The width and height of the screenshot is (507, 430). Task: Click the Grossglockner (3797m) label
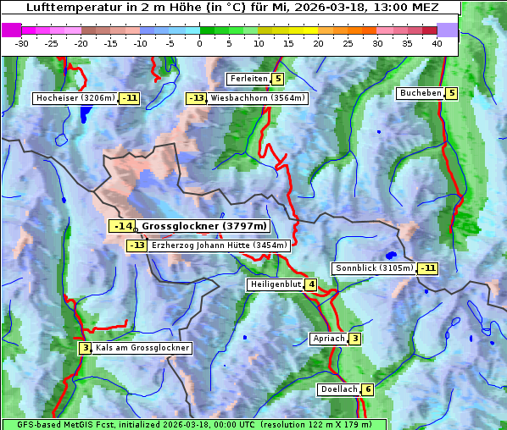click(204, 226)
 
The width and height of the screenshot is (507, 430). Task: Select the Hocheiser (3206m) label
click(75, 98)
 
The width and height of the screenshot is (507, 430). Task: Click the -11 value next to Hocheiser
click(129, 98)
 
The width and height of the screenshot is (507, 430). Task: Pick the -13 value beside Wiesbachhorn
click(196, 98)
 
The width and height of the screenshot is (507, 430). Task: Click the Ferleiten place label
click(248, 79)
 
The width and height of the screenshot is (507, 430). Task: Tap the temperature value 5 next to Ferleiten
click(278, 79)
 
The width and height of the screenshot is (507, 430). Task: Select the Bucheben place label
click(421, 93)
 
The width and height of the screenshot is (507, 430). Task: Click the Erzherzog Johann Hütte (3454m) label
click(220, 245)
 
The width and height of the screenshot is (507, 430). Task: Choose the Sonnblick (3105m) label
click(374, 268)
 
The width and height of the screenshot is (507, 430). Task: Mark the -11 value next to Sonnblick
click(428, 268)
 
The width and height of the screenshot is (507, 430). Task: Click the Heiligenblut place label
click(276, 284)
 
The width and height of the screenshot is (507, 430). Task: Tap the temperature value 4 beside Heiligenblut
click(311, 284)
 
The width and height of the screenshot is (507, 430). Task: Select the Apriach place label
click(328, 339)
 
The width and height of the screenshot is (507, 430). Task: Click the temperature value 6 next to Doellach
click(367, 389)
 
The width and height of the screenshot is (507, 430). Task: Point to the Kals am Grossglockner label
click(142, 348)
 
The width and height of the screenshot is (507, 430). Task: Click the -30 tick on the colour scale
click(22, 43)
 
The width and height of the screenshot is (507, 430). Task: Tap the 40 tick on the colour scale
click(437, 43)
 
